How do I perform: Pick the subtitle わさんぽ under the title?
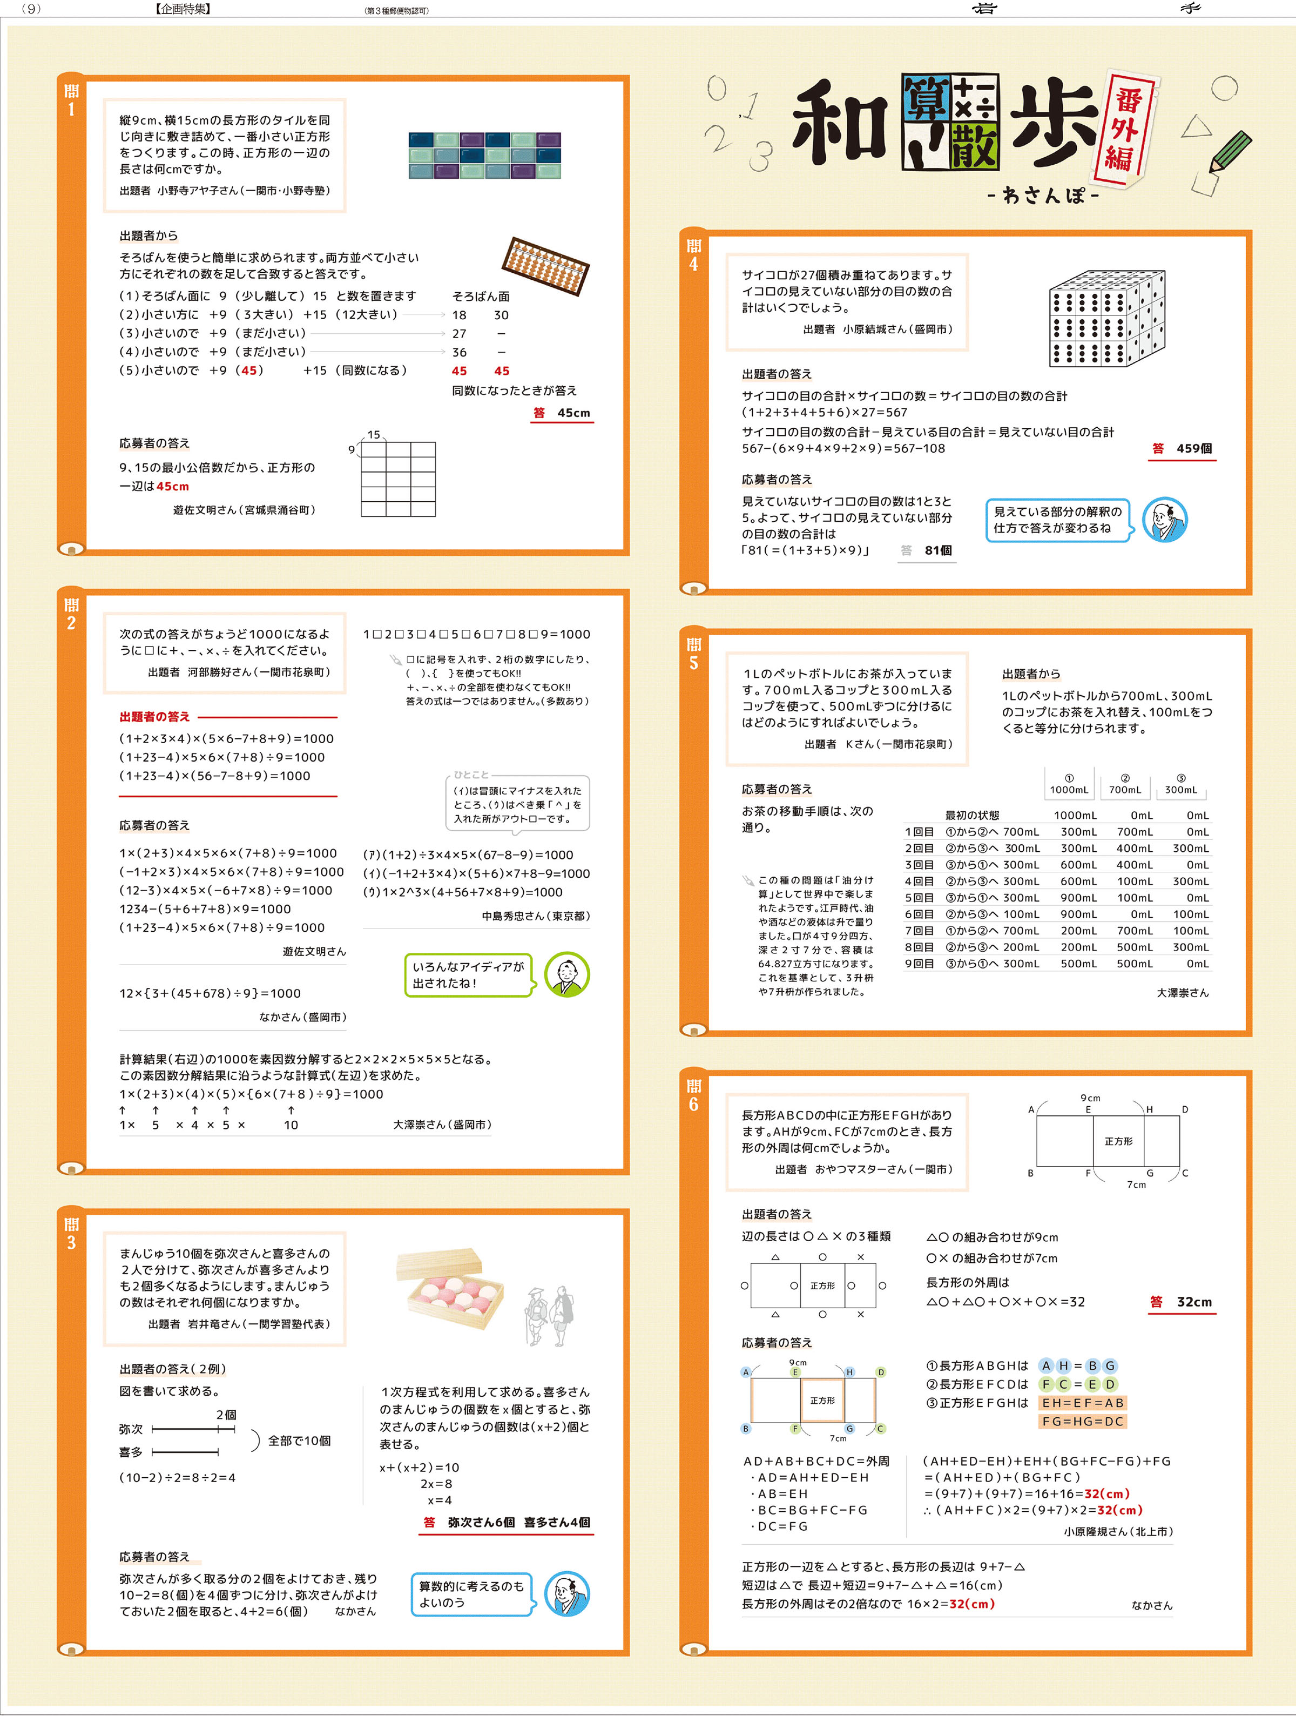click(1043, 196)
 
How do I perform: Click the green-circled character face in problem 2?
click(567, 975)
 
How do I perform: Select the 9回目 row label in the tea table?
click(919, 964)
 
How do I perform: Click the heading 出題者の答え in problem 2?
click(154, 717)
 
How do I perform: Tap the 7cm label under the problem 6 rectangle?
click(1136, 1185)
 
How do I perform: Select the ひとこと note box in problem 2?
click(517, 804)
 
